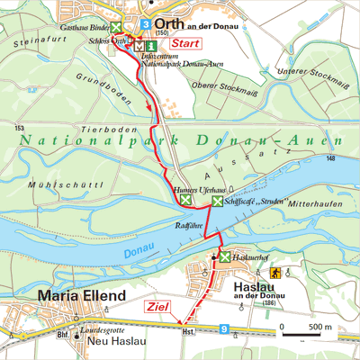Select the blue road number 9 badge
pyautogui.click(x=223, y=332)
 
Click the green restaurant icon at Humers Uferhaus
pyautogui.click(x=184, y=202)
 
